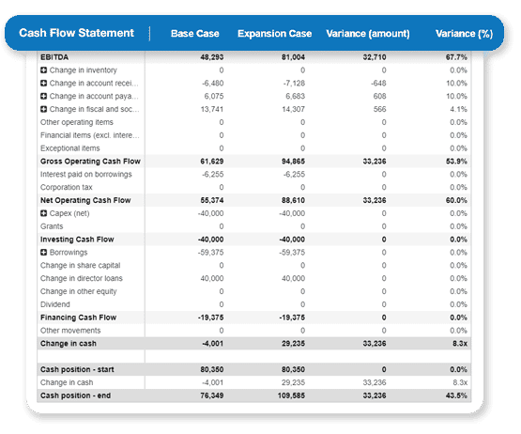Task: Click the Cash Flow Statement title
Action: pyautogui.click(x=77, y=34)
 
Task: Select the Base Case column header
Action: pyautogui.click(x=194, y=34)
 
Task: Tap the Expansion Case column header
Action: pyautogui.click(x=274, y=34)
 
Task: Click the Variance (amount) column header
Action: pyautogui.click(x=367, y=34)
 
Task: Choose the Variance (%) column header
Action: pyautogui.click(x=464, y=34)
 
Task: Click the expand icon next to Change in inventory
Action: pyautogui.click(x=44, y=70)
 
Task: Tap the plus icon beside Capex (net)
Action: pyautogui.click(x=44, y=213)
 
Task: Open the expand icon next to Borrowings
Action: pyautogui.click(x=44, y=253)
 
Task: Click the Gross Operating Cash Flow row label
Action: pyautogui.click(x=90, y=162)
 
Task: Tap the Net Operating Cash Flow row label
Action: pyautogui.click(x=85, y=200)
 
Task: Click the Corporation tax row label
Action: pyautogui.click(x=67, y=187)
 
